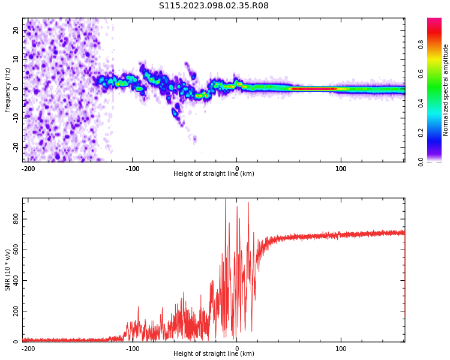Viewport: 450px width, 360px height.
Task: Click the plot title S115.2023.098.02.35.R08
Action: coord(214,6)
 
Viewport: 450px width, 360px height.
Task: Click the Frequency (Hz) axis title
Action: coord(8,90)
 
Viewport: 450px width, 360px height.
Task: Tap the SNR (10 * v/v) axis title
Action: coord(8,270)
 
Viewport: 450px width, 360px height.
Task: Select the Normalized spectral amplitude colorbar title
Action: coord(445,90)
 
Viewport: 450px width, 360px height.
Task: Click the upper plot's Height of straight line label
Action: coord(214,174)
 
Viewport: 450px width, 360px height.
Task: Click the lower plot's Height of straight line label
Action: coord(214,353)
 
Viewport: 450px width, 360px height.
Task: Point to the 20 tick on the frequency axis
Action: coord(16,31)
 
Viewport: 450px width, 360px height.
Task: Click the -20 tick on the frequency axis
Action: coord(16,146)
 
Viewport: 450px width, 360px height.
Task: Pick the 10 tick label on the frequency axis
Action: coord(16,59)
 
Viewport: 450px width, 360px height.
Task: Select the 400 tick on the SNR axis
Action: coord(16,281)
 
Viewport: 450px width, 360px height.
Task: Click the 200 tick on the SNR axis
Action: coord(16,311)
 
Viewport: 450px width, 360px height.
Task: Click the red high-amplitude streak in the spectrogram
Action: coord(312,89)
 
